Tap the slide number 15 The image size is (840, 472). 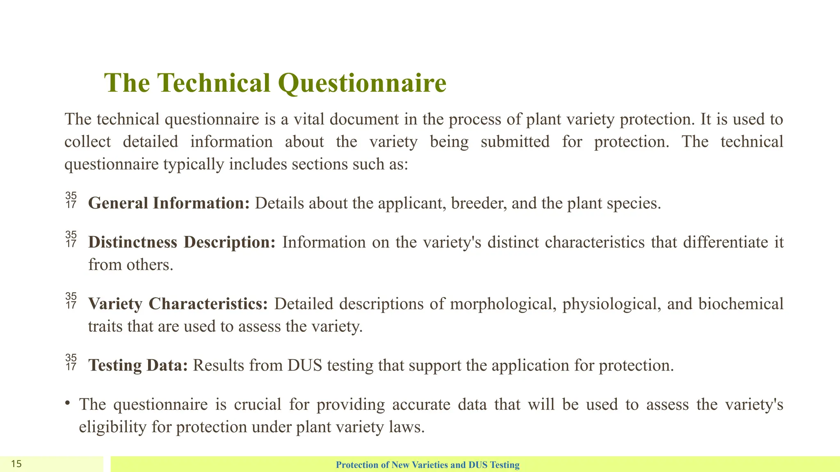pos(16,464)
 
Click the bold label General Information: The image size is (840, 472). pos(169,203)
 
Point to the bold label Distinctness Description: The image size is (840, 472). pos(182,242)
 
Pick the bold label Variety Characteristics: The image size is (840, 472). pos(178,304)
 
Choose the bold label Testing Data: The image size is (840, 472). pos(138,365)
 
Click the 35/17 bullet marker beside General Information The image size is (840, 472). pos(71,200)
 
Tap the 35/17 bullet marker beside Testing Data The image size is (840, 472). pos(71,362)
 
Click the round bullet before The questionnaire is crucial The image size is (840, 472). pos(67,403)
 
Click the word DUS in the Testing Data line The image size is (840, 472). pos(305,365)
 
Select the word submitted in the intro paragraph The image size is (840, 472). pos(515,142)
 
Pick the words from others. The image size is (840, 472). pos(130,265)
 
